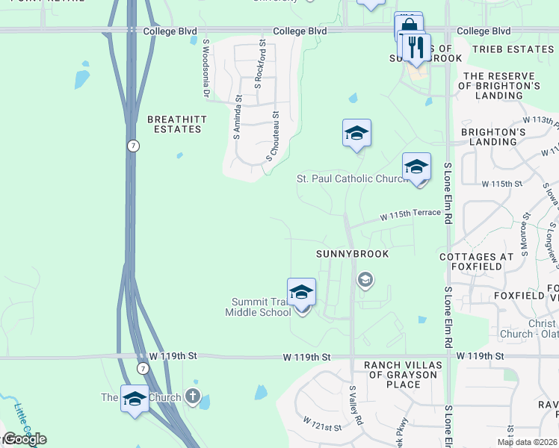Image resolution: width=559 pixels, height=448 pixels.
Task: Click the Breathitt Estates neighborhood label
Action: tap(174, 124)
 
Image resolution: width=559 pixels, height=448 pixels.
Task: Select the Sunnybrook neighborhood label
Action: tap(352, 254)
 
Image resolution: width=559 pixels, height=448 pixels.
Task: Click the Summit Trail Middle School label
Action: tap(258, 307)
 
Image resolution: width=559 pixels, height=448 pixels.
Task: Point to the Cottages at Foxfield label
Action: tap(497, 262)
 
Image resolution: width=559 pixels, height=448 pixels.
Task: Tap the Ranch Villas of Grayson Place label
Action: tap(403, 370)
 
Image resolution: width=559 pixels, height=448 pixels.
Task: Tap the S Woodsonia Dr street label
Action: tap(205, 69)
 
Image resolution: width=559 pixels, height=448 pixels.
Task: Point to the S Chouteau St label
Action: tap(272, 137)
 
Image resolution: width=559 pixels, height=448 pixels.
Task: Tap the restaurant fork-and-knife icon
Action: tap(417, 46)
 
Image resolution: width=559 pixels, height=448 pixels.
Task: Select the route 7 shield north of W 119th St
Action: tap(132, 146)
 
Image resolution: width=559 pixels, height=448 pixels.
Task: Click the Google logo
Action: tap(24, 438)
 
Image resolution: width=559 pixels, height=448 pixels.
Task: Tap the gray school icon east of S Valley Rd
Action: tap(365, 281)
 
